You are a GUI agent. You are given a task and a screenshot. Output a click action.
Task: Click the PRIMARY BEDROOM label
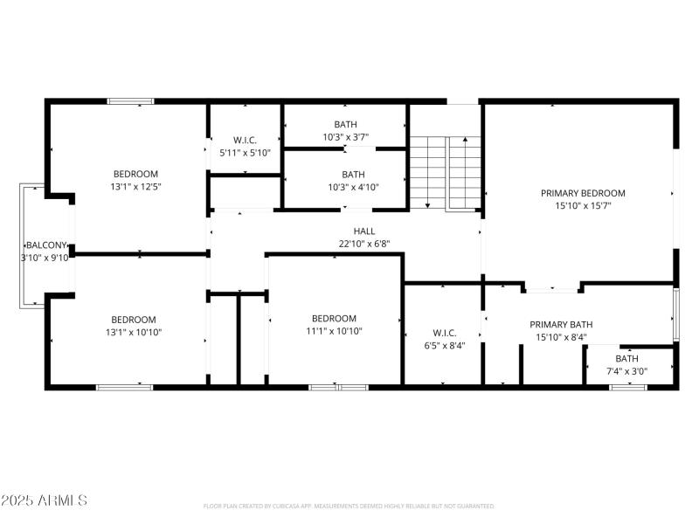583,193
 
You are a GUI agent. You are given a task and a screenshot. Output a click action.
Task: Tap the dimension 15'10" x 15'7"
583,206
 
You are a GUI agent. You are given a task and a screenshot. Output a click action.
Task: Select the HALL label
364,231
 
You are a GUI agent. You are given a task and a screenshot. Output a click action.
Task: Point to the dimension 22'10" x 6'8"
364,244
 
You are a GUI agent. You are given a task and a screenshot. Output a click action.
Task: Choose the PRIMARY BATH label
561,324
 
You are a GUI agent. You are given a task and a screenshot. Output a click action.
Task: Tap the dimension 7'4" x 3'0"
626,371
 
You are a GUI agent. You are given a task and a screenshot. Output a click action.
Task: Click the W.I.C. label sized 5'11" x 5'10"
245,141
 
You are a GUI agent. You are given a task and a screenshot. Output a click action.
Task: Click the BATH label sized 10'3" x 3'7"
345,125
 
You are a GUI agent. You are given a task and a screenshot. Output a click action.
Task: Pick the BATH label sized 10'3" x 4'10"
353,174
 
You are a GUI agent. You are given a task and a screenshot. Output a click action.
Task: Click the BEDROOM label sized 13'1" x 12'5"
135,174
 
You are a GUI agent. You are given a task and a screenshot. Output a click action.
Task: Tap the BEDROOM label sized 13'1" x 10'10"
133,320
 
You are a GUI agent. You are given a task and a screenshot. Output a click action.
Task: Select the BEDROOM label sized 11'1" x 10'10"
334,319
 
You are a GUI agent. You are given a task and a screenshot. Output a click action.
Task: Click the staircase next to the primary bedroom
446,172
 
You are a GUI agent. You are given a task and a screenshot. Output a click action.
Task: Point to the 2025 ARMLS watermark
44,500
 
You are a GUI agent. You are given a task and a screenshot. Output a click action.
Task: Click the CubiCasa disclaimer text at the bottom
349,506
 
